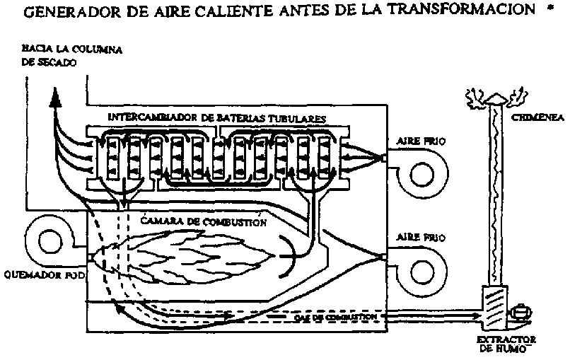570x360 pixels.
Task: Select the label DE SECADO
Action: click(48, 62)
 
